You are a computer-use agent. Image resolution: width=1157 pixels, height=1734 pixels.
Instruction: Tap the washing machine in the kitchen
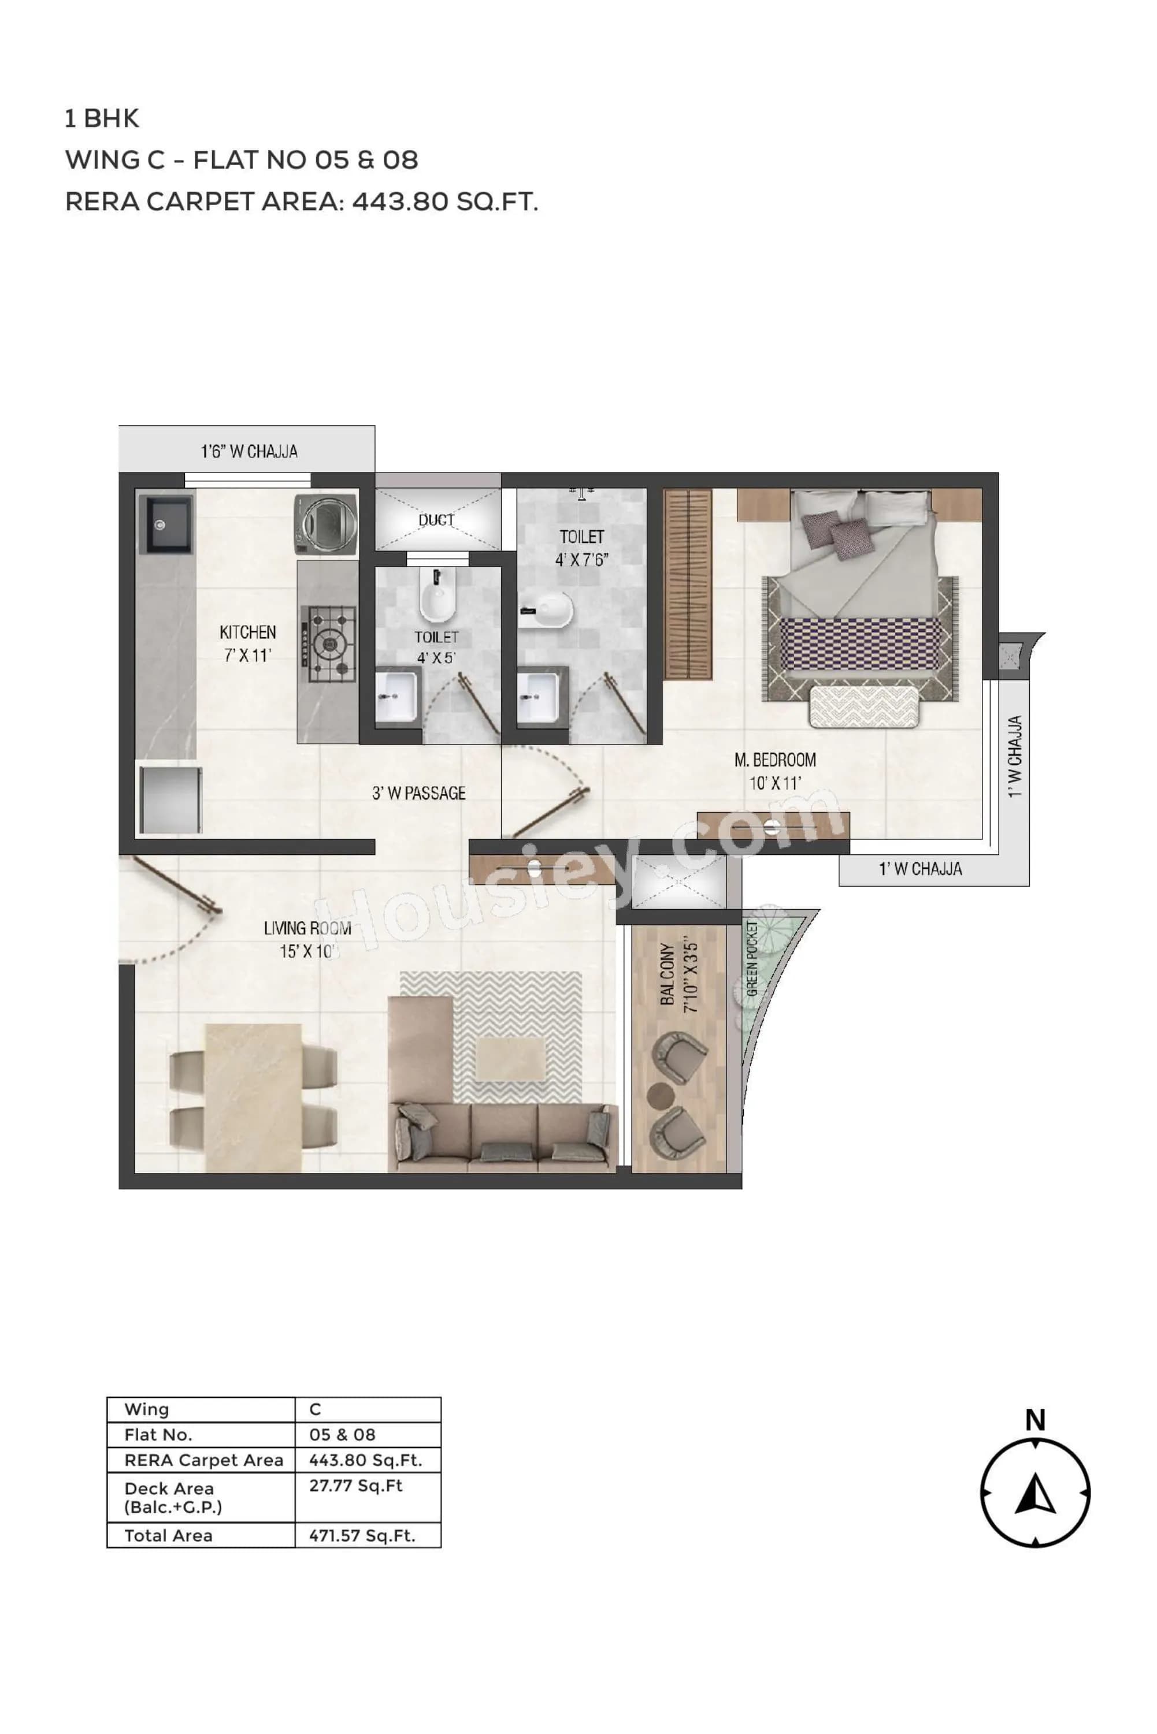[326, 524]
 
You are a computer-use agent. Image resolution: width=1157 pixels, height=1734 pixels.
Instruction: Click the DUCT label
[436, 520]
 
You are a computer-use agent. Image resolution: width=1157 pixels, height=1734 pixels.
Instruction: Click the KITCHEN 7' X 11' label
[248, 643]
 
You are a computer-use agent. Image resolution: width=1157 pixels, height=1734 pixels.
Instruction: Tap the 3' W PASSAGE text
[418, 794]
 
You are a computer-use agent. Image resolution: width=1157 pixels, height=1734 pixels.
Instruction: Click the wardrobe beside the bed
[688, 583]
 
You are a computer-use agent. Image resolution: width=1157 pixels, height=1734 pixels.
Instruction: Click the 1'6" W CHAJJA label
[250, 451]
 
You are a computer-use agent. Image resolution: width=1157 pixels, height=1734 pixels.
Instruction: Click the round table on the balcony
[661, 1094]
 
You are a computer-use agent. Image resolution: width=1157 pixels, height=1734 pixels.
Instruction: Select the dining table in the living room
[253, 1097]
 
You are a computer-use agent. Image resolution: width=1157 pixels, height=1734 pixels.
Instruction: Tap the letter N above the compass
[1035, 1420]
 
